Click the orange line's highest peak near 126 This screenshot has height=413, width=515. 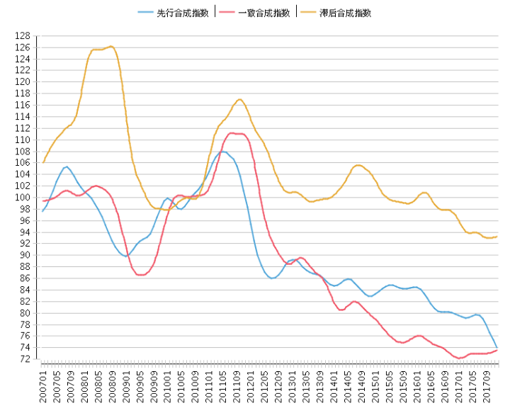point(111,46)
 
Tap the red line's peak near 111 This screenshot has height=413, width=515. point(232,132)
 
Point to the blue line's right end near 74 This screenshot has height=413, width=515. point(497,347)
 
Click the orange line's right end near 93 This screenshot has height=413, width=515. point(497,237)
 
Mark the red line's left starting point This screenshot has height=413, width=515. point(43,201)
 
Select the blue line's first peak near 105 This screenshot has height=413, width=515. point(67,166)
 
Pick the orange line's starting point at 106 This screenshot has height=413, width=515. point(43,162)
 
